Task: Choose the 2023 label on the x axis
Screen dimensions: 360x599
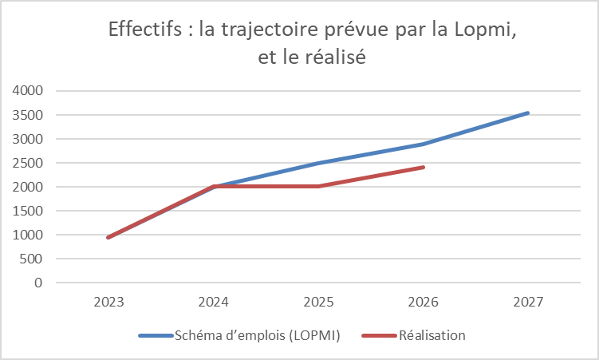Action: tap(108, 302)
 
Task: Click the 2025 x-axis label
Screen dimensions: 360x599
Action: tap(318, 302)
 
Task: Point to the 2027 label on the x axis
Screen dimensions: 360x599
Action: tap(528, 302)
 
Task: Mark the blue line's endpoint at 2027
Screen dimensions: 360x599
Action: tap(528, 113)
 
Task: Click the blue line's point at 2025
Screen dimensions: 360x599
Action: tap(318, 163)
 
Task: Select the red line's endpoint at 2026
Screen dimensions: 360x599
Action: tap(424, 167)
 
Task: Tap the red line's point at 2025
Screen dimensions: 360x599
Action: tap(318, 186)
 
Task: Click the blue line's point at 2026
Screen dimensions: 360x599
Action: tap(424, 144)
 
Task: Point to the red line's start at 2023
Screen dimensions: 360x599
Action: tap(108, 237)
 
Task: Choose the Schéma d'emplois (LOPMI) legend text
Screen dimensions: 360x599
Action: tap(258, 336)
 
